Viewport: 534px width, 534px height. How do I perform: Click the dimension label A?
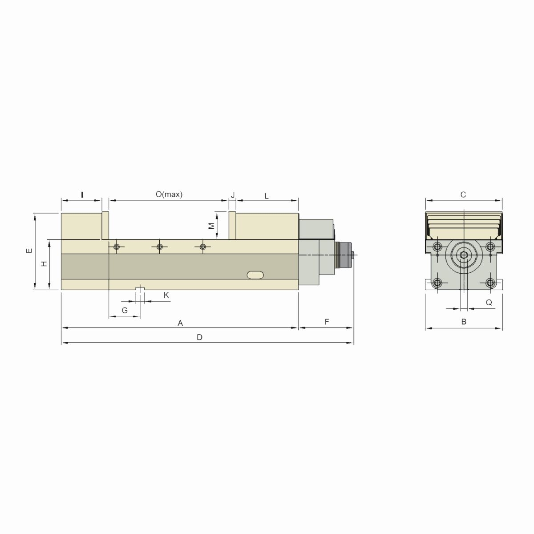[x=180, y=323]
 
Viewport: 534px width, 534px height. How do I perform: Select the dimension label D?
[x=200, y=337]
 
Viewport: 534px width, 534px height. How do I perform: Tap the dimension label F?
[x=327, y=322]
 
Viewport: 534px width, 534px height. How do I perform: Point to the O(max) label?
[x=169, y=194]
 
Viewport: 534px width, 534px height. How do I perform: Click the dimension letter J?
[x=232, y=195]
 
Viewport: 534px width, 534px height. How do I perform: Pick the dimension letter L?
[x=267, y=196]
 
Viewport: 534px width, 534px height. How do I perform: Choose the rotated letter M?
[x=212, y=226]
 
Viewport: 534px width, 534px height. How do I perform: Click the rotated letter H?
[x=44, y=264]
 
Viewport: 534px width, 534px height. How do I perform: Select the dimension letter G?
[x=125, y=310]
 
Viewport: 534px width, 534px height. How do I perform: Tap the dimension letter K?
[x=166, y=295]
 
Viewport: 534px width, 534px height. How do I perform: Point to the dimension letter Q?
[x=489, y=303]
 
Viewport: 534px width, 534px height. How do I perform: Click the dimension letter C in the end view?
[x=463, y=194]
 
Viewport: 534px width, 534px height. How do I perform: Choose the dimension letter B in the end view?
[x=464, y=322]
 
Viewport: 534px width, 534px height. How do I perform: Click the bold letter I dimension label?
[x=82, y=194]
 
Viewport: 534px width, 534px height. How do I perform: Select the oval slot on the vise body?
[x=256, y=275]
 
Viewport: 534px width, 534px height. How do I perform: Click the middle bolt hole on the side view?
[x=159, y=247]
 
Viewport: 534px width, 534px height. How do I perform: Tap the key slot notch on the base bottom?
[x=140, y=288]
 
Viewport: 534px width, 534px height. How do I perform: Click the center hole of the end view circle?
[x=464, y=255]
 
